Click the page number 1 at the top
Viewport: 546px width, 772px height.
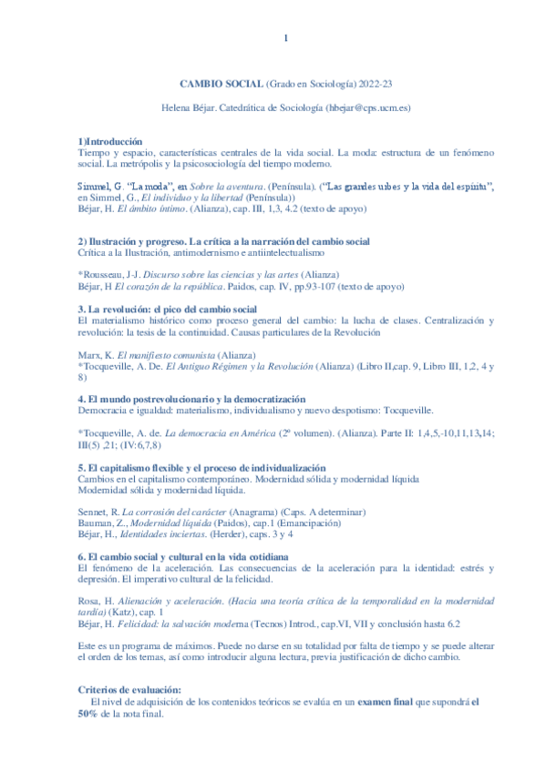(x=285, y=37)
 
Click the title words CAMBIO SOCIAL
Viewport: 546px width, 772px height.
(x=219, y=83)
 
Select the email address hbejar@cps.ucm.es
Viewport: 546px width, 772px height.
(x=367, y=107)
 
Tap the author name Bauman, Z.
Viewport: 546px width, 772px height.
(x=100, y=523)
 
